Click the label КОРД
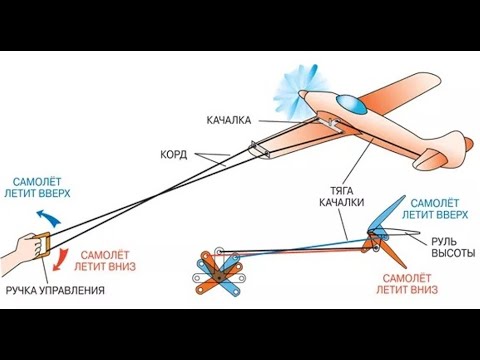(x=174, y=155)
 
